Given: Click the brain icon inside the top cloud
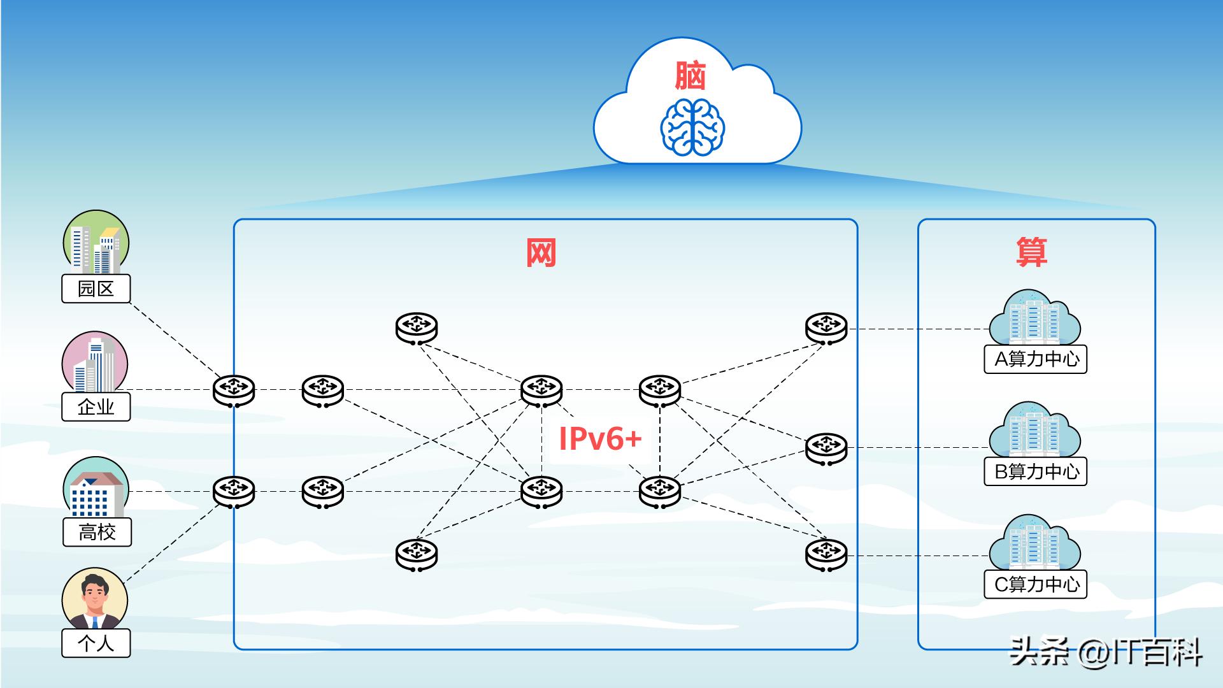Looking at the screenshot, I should click(x=692, y=127).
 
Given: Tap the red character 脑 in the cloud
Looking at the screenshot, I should click(x=691, y=76).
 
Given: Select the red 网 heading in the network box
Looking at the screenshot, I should click(x=541, y=253).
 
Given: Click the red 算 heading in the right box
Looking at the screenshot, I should click(x=1031, y=252).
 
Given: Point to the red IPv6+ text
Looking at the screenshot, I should click(x=599, y=438).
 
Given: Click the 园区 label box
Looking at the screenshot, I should click(x=96, y=289).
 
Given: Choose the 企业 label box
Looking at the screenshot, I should click(x=96, y=406).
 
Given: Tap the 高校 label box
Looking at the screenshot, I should click(x=97, y=532).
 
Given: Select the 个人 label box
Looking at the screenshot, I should click(x=96, y=643).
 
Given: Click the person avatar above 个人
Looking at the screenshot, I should click(x=95, y=599).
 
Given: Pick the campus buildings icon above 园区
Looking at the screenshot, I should click(x=96, y=243).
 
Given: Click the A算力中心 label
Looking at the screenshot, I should click(x=1036, y=359).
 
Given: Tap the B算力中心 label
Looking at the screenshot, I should click(x=1036, y=471).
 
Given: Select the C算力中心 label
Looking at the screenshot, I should click(x=1036, y=584).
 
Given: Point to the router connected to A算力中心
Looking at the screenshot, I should click(x=826, y=329).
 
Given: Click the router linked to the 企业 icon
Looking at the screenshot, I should click(x=234, y=390).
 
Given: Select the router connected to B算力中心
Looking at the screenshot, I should click(x=826, y=447).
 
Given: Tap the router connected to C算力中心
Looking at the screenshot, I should click(x=826, y=554).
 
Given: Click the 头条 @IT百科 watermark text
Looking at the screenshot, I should click(x=1106, y=653).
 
